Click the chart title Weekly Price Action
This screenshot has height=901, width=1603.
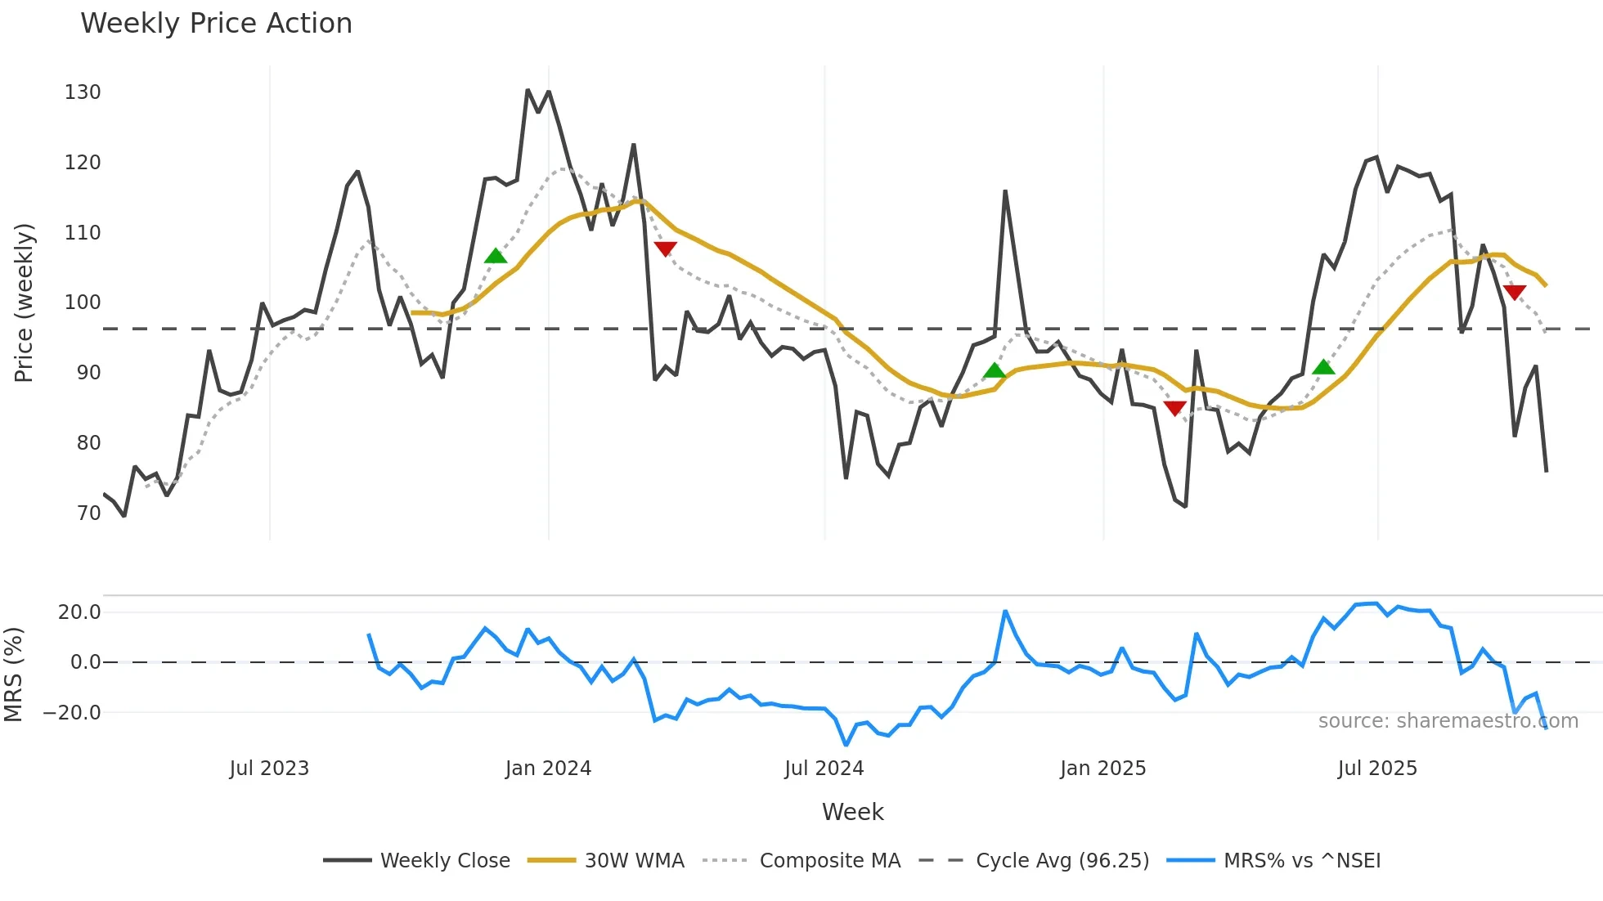tap(216, 24)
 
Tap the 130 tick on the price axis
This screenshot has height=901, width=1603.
tap(83, 92)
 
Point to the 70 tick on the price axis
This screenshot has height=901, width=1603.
tap(88, 513)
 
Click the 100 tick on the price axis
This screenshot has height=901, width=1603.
tap(83, 303)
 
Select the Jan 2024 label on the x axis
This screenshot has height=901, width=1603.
tap(548, 769)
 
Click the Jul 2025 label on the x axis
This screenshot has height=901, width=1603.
tap(1377, 769)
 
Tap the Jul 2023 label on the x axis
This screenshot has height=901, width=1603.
tap(269, 769)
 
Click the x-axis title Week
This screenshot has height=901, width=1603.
tap(852, 812)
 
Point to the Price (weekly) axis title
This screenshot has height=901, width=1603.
tap(24, 303)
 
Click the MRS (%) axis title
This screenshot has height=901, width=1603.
tap(13, 675)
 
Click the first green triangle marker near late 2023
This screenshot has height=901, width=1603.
tap(496, 257)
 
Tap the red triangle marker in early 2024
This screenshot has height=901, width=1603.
tap(665, 249)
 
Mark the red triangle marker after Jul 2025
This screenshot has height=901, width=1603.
tap(1514, 292)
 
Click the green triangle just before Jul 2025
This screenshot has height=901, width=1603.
tap(1323, 367)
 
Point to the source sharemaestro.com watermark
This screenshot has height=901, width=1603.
tap(1448, 721)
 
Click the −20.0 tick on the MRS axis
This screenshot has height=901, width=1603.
tap(72, 713)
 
